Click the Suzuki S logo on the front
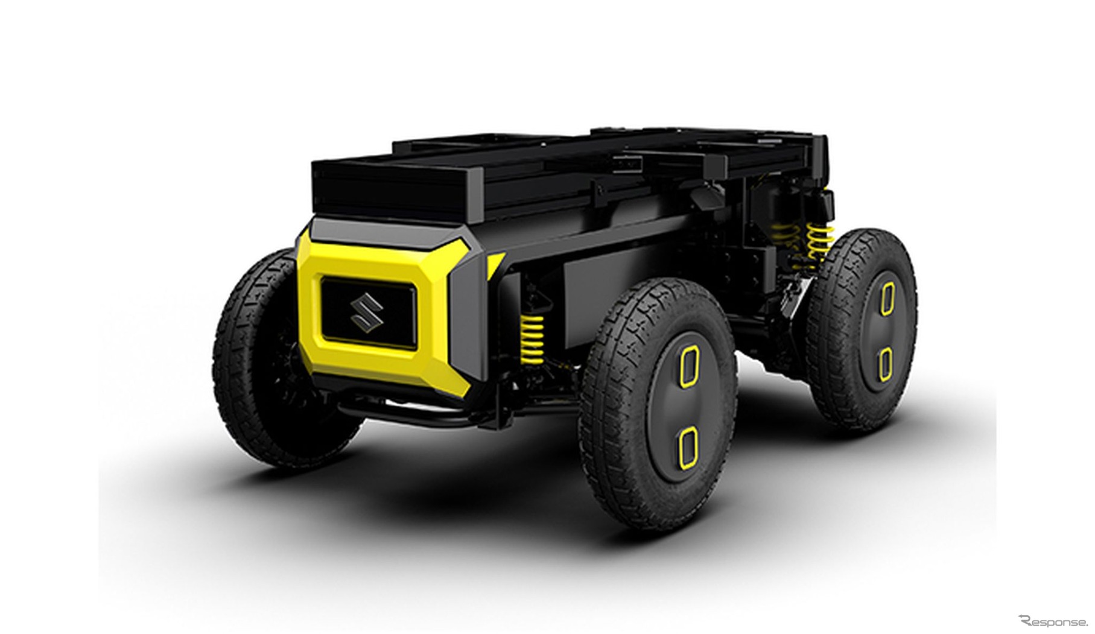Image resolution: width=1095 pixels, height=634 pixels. click(x=367, y=312)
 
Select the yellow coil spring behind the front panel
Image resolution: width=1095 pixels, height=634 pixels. click(x=532, y=341)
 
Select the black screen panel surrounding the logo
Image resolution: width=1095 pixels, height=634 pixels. click(x=367, y=312)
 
